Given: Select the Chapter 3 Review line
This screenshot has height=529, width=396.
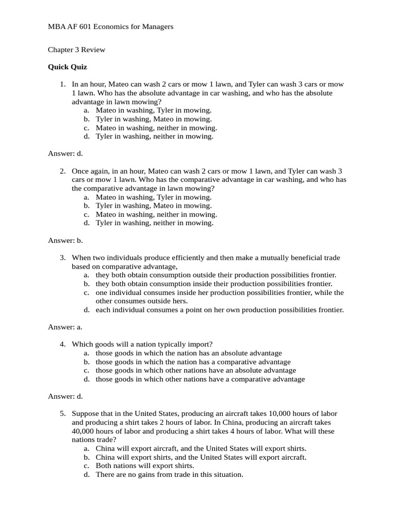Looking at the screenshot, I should click(x=76, y=50).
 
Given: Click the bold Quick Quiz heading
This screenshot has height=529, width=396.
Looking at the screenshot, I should click(x=68, y=67).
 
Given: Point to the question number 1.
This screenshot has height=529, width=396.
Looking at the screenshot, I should click(x=62, y=84).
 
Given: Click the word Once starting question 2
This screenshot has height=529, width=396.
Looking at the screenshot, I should click(x=81, y=171).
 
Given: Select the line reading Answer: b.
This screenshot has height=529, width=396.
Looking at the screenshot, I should click(x=65, y=240).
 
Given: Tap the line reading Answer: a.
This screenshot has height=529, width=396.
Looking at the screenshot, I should click(x=65, y=326).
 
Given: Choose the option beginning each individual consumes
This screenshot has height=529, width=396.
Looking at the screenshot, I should click(x=219, y=310).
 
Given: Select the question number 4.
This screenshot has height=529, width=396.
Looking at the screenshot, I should click(x=62, y=344).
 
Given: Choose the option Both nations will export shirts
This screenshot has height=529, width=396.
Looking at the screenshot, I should click(x=144, y=465).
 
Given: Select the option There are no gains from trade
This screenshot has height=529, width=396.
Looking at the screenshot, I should click(x=169, y=474).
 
